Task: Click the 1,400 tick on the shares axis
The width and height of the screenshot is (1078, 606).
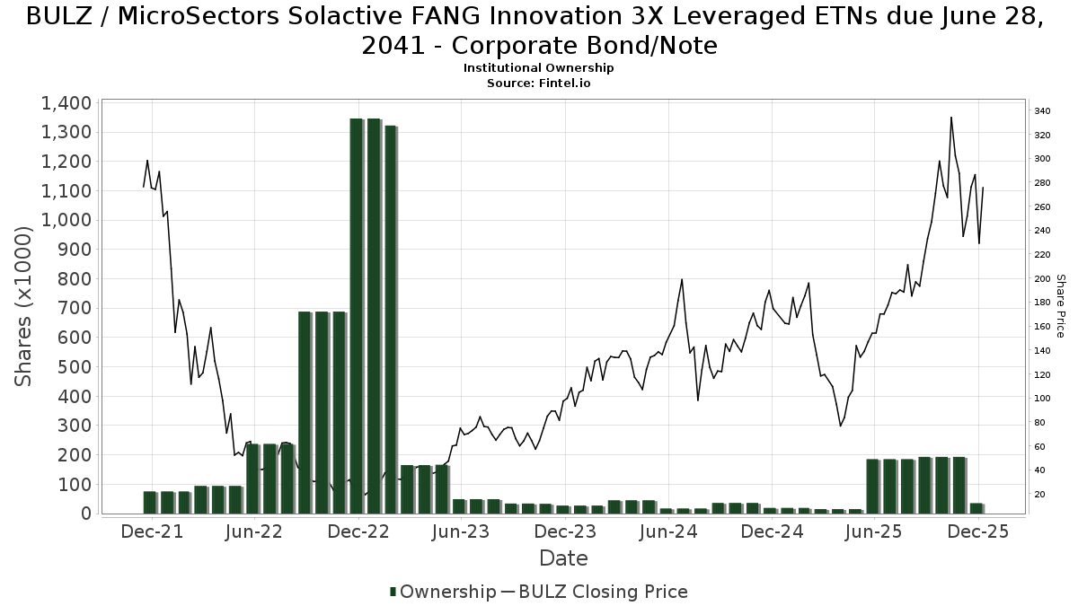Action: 66,103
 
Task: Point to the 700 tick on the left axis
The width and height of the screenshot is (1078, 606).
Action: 74,308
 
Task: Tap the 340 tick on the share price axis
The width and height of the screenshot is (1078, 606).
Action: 1042,111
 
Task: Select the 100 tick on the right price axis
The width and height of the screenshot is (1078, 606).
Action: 1042,399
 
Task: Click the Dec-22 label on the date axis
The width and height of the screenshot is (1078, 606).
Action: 358,531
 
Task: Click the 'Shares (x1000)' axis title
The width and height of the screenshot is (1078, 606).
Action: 24,306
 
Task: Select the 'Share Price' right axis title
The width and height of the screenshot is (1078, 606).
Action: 1060,306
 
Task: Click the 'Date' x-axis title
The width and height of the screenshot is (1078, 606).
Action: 563,558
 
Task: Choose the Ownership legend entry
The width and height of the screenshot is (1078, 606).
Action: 442,592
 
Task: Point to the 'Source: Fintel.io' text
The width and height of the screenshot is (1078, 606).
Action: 538,83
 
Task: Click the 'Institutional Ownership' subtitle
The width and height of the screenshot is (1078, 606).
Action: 538,68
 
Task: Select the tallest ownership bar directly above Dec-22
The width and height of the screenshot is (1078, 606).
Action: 357,314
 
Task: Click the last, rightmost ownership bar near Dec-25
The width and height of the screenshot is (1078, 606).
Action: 976,508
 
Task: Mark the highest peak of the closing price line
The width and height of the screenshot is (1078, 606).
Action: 951,118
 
